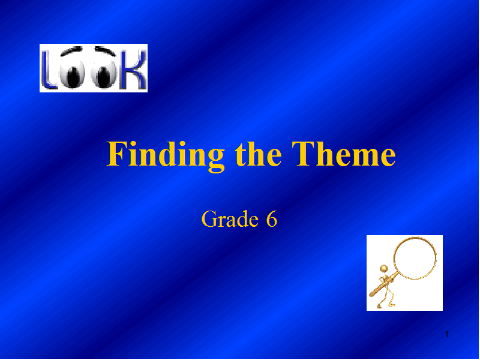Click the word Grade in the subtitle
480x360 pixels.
tap(230, 219)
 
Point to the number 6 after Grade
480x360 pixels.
tap(272, 219)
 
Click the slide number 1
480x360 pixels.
tap(447, 334)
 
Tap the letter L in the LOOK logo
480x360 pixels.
tap(49, 70)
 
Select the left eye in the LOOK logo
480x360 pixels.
tap(71, 73)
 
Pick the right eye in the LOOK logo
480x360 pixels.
tap(103, 73)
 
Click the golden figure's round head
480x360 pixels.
tap(383, 269)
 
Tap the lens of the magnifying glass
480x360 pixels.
tap(415, 258)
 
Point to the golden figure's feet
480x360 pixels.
tap(386, 305)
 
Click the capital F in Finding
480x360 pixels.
tap(116, 154)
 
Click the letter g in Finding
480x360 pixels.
tap(216, 161)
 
